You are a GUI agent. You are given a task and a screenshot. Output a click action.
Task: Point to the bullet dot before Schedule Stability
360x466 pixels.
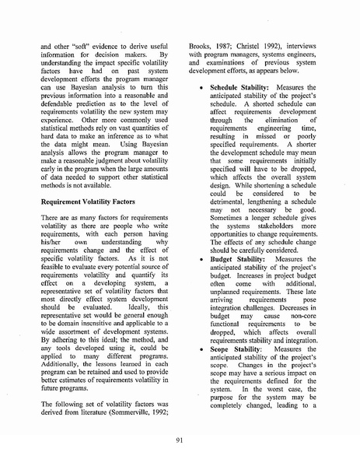pos(201,110)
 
